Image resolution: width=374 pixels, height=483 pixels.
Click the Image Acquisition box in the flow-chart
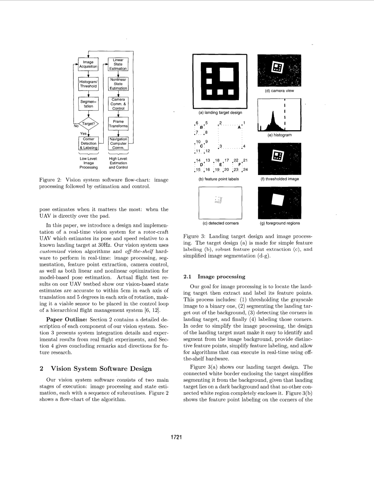coord(88,64)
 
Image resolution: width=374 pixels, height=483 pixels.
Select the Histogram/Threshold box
coord(88,84)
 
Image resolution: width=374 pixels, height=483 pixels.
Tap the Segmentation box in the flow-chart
coord(88,104)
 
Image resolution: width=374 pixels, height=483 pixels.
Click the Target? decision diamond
coord(88,124)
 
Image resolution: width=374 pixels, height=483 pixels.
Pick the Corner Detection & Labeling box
coord(88,143)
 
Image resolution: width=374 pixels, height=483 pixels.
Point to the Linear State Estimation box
coord(118,64)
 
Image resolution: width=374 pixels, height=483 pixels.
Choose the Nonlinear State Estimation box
coord(118,84)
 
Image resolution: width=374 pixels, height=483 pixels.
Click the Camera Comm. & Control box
coord(118,104)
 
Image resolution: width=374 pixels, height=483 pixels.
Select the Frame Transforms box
coord(118,124)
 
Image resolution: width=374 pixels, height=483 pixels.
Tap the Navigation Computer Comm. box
coord(118,143)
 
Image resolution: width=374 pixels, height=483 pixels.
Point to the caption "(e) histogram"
coord(279,135)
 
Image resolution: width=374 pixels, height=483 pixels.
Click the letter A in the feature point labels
coord(239,127)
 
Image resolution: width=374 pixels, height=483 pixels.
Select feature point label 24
coord(245,170)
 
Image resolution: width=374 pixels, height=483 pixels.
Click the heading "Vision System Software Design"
coord(101,368)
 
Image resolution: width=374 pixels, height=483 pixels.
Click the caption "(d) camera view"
coord(279,91)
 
